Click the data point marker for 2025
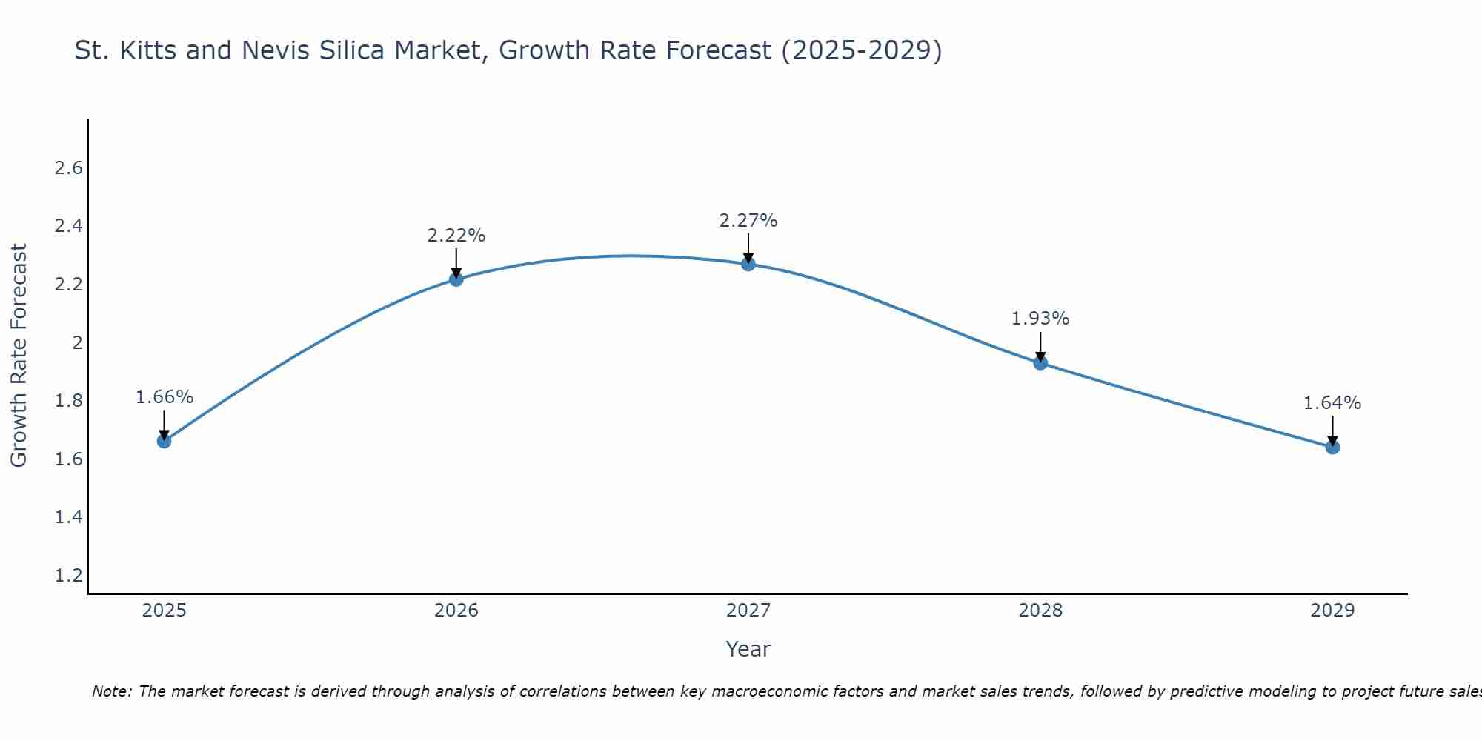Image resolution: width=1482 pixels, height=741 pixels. pos(165,441)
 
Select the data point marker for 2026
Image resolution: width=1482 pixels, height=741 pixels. pos(456,279)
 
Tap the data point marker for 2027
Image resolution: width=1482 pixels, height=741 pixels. pos(748,264)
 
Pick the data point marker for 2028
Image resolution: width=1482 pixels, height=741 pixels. pos(1040,363)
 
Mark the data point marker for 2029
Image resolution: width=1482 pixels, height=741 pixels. pos(1332,447)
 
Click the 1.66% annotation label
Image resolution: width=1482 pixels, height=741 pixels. pos(165,397)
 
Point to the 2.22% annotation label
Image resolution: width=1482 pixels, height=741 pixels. pos(456,236)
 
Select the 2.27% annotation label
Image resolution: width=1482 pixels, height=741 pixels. pos(748,221)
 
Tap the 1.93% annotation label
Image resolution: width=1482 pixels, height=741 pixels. pos(1040,319)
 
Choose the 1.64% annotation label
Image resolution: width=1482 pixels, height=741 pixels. pos(1332,403)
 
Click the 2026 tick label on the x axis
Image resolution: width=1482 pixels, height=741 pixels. pos(456,611)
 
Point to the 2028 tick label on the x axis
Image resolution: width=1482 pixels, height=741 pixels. pos(1040,611)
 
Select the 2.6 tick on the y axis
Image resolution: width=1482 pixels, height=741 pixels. pos(69,168)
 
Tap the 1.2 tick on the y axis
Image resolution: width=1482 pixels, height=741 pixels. pos(69,575)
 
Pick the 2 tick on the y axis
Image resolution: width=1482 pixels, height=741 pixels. pos(77,342)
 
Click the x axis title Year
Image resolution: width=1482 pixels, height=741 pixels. pos(748,649)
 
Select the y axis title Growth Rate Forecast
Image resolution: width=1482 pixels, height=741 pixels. pos(19,356)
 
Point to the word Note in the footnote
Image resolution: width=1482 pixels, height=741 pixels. pos(111,691)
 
